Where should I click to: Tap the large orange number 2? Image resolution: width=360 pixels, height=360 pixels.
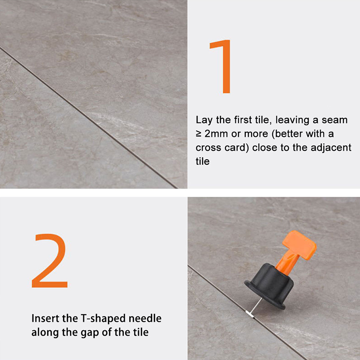(49, 261)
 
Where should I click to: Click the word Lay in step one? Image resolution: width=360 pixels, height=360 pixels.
(204, 120)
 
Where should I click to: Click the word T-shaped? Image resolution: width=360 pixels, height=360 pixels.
(103, 319)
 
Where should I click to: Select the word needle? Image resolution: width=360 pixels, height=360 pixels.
(145, 319)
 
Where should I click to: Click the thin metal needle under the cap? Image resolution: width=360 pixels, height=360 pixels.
(256, 306)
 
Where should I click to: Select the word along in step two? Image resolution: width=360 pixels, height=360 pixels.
(45, 333)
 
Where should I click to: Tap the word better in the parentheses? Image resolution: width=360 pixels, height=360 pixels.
(288, 134)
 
